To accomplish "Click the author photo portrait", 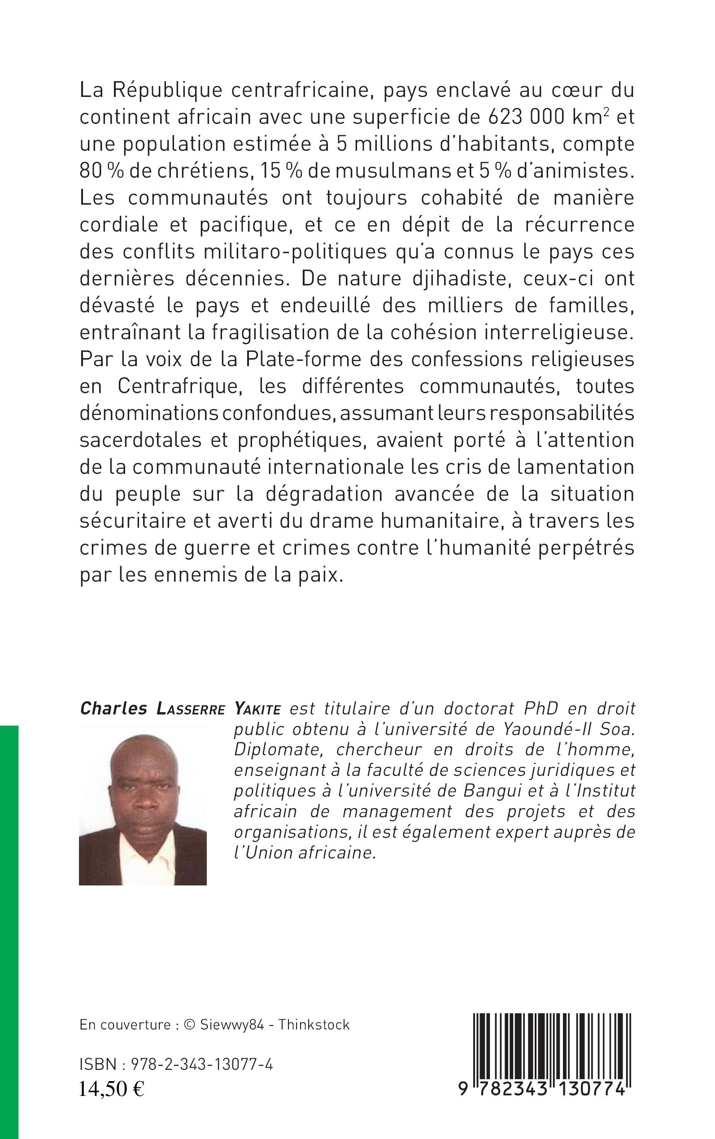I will click(x=143, y=805).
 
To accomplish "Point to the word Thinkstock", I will click(x=314, y=1025).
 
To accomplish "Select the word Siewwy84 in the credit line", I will click(x=232, y=1025).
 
